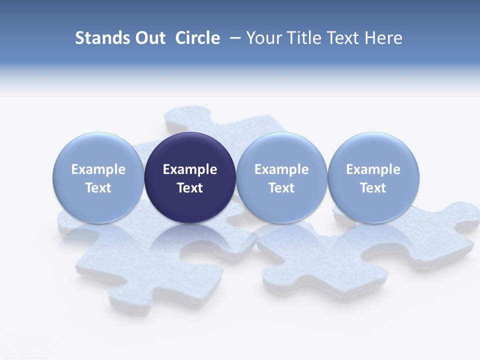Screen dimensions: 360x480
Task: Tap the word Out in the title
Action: [x=149, y=38]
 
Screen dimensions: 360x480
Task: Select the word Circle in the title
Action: [x=197, y=38]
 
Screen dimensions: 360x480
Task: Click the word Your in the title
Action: [x=262, y=38]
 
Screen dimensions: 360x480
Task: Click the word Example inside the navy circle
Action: [x=190, y=169]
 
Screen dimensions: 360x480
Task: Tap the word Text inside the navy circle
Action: [x=190, y=188]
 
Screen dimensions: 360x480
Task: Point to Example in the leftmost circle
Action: [x=98, y=169]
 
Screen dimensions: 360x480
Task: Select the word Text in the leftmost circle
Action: [x=98, y=188]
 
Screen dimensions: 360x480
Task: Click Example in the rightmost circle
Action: [x=373, y=169]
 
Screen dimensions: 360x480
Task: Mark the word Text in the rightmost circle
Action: [x=373, y=188]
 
